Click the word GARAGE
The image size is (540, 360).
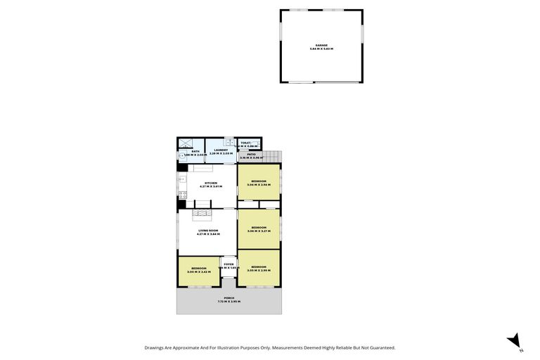point(321,45)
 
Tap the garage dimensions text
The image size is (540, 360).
point(321,49)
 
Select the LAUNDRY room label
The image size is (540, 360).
point(221,150)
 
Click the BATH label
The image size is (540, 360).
point(195,151)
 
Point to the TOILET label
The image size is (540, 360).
point(245,143)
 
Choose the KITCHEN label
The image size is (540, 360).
point(210,183)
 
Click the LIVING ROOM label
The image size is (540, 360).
point(208,231)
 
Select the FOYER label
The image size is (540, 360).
point(229,264)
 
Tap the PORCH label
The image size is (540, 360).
point(229,298)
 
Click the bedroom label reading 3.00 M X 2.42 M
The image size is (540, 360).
point(199,271)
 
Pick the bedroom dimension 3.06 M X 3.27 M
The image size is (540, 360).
point(259,231)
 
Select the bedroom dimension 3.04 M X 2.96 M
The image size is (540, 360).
point(259,185)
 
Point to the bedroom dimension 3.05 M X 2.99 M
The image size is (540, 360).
point(259,270)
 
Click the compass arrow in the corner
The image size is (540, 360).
point(514,340)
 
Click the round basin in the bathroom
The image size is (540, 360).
point(181,156)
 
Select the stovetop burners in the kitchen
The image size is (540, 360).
point(182,194)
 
